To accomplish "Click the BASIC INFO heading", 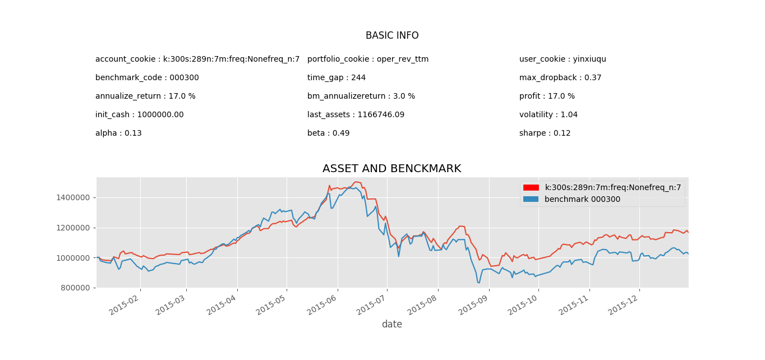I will pyautogui.click(x=392, y=36).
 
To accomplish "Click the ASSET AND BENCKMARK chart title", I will pyautogui.click(x=391, y=169).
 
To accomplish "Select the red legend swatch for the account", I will pyautogui.click(x=531, y=188).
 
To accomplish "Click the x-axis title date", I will pyautogui.click(x=391, y=325).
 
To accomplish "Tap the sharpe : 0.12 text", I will pyautogui.click(x=545, y=133).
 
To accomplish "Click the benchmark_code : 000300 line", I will pyautogui.click(x=147, y=78).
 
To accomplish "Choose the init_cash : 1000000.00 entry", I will pyautogui.click(x=139, y=115).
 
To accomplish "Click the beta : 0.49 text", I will pyautogui.click(x=328, y=133).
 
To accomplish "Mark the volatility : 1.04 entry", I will pyautogui.click(x=548, y=115).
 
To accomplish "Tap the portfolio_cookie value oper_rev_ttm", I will pyautogui.click(x=402, y=59).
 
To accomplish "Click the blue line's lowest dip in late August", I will pyautogui.click(x=478, y=283).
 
